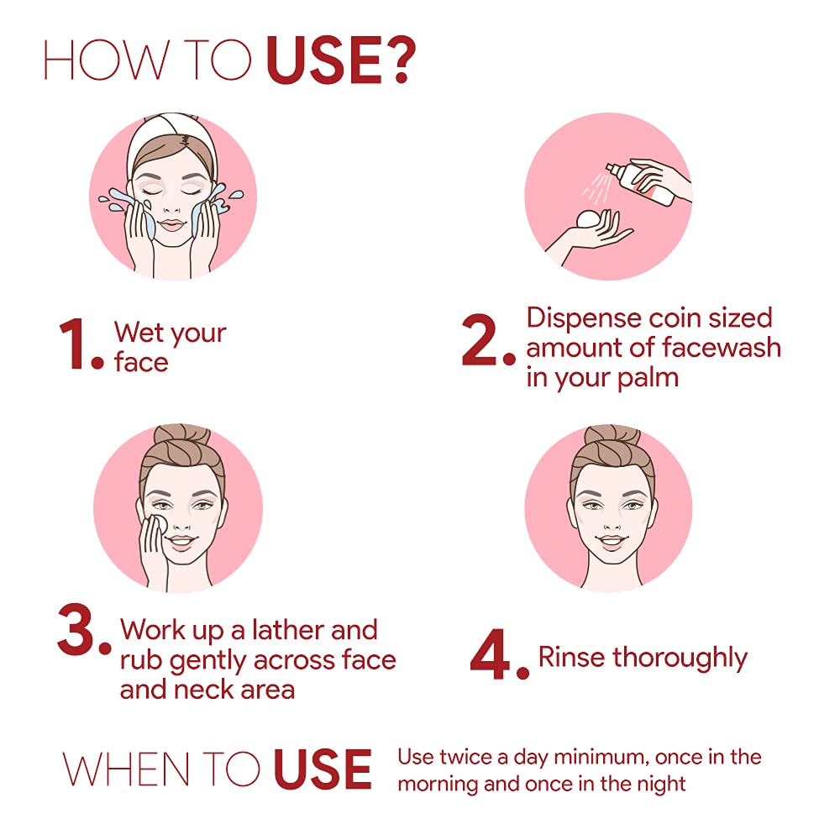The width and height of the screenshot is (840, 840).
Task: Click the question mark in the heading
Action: click(398, 60)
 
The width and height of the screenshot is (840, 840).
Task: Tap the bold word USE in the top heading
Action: click(323, 60)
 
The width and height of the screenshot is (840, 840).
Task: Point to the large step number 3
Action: click(76, 629)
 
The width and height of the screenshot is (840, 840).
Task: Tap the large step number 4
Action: click(490, 654)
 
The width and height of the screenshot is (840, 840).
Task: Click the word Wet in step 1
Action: click(139, 332)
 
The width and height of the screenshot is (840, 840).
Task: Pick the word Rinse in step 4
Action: click(571, 657)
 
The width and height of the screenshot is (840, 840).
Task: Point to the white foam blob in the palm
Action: click(590, 219)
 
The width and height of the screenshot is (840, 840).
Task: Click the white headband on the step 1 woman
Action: click(171, 132)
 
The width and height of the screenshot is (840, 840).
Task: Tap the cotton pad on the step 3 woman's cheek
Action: click(157, 524)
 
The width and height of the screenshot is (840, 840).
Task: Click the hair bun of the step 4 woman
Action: click(612, 437)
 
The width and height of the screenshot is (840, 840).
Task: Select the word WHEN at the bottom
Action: click(126, 769)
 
